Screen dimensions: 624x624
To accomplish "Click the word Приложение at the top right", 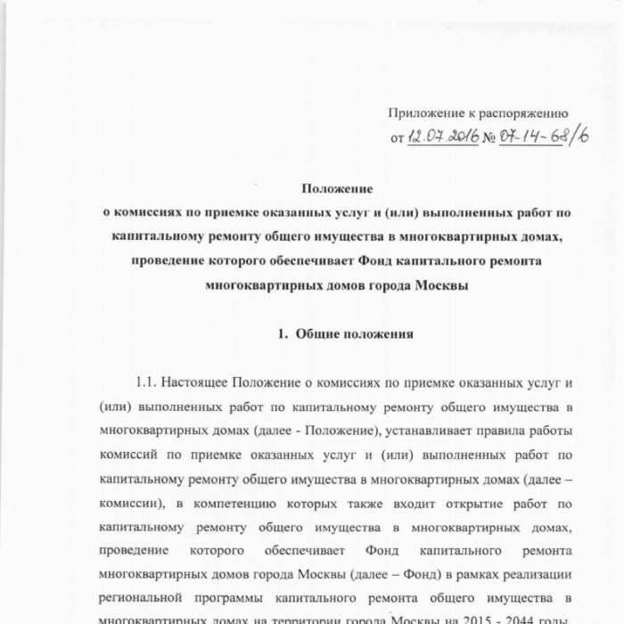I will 424,113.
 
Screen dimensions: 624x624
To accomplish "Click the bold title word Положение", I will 336,189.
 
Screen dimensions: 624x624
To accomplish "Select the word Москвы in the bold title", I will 440,287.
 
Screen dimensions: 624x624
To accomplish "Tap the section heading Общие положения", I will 353,335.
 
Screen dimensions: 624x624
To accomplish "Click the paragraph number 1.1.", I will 147,383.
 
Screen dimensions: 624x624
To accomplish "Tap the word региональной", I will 144,595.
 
